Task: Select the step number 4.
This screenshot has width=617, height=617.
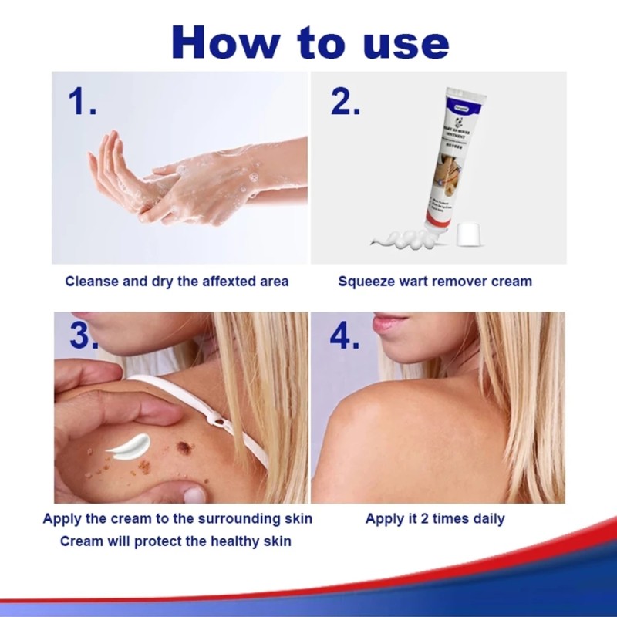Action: coord(344,335)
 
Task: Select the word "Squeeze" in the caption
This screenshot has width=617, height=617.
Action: coord(366,282)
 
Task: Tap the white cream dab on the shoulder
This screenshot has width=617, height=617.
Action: coord(129,446)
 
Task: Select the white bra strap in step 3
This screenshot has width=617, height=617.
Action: coord(208,409)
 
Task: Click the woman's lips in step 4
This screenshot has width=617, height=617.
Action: coord(387,323)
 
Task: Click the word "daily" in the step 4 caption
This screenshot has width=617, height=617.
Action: coord(487,518)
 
